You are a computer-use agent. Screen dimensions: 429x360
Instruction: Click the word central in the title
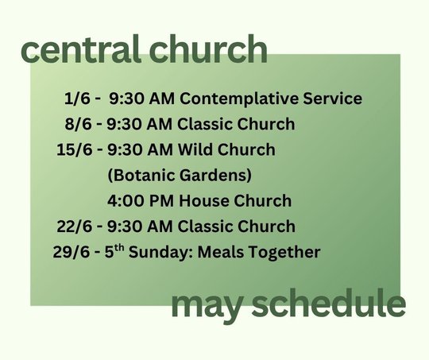[x=81, y=49]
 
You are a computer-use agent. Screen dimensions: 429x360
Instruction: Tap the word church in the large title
[x=208, y=49]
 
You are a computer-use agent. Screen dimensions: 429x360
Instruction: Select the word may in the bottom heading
[x=207, y=305]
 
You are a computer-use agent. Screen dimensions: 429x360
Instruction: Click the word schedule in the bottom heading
[x=329, y=302]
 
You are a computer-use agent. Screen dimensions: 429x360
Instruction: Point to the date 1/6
[x=77, y=99]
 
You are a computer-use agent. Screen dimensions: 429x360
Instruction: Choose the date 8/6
[x=78, y=124]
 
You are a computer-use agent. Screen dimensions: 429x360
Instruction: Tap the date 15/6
[x=75, y=149]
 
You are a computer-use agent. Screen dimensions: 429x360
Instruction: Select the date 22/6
[x=75, y=226]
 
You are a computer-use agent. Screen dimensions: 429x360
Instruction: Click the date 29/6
[x=71, y=252]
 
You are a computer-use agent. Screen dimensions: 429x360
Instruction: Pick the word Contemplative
[x=238, y=99]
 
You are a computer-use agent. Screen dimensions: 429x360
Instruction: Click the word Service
[x=332, y=99]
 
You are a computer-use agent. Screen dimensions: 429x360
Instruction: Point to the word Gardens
[x=215, y=176]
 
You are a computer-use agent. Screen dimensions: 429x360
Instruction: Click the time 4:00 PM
[x=141, y=201]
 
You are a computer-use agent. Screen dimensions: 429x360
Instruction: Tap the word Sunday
[x=161, y=253]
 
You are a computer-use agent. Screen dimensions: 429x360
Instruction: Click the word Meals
[x=221, y=252]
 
